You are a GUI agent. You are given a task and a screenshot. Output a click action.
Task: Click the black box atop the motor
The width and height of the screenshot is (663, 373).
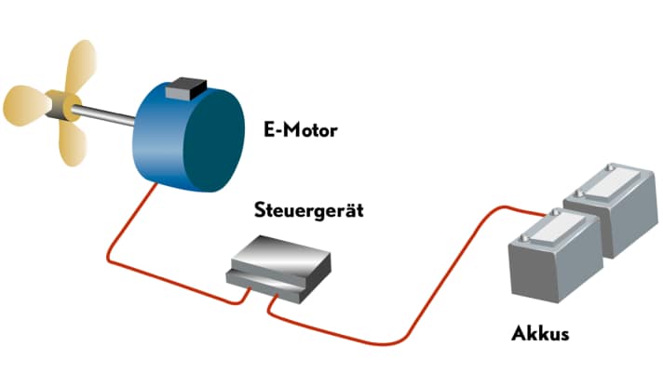tap(183, 90)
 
